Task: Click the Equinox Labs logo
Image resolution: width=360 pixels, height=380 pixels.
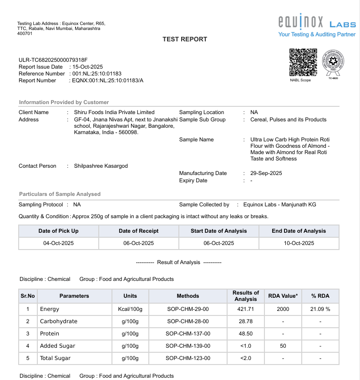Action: (x=317, y=26)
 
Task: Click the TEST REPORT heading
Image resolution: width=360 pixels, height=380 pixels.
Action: (x=185, y=40)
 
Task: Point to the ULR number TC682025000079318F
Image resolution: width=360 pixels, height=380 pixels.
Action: (x=53, y=60)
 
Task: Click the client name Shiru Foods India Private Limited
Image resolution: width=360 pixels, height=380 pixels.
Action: (x=114, y=112)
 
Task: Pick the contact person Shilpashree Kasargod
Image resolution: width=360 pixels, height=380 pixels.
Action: (x=101, y=166)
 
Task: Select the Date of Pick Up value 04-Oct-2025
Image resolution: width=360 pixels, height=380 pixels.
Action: (x=58, y=243)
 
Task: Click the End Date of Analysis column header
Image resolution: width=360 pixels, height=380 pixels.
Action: (x=299, y=231)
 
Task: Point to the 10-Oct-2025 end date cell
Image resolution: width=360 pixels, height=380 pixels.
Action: (x=299, y=243)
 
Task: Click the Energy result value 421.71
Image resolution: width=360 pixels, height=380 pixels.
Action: (x=245, y=309)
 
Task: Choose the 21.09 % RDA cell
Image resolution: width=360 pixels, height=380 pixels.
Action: (x=320, y=309)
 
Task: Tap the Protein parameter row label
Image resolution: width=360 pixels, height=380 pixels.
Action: (x=50, y=334)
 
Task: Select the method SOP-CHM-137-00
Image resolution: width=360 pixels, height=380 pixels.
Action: (x=188, y=334)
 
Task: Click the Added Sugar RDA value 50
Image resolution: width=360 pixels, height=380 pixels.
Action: (x=283, y=346)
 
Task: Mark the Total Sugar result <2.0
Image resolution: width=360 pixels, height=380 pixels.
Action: (x=245, y=358)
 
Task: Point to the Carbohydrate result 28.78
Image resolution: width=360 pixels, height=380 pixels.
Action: (x=245, y=321)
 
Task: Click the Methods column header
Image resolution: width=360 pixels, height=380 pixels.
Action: (x=188, y=296)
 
